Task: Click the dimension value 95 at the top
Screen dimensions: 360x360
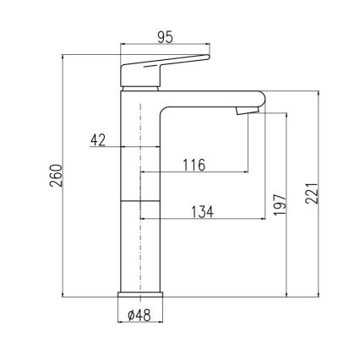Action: [x=166, y=36]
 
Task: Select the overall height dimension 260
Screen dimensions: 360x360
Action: [x=53, y=176]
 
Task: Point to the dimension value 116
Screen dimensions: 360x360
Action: [x=194, y=166]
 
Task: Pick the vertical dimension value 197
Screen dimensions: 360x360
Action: [x=280, y=205]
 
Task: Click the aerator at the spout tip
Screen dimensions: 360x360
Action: [x=246, y=109]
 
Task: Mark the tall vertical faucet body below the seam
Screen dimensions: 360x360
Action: [x=139, y=245]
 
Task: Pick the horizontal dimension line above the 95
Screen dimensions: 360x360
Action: [x=165, y=46]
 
